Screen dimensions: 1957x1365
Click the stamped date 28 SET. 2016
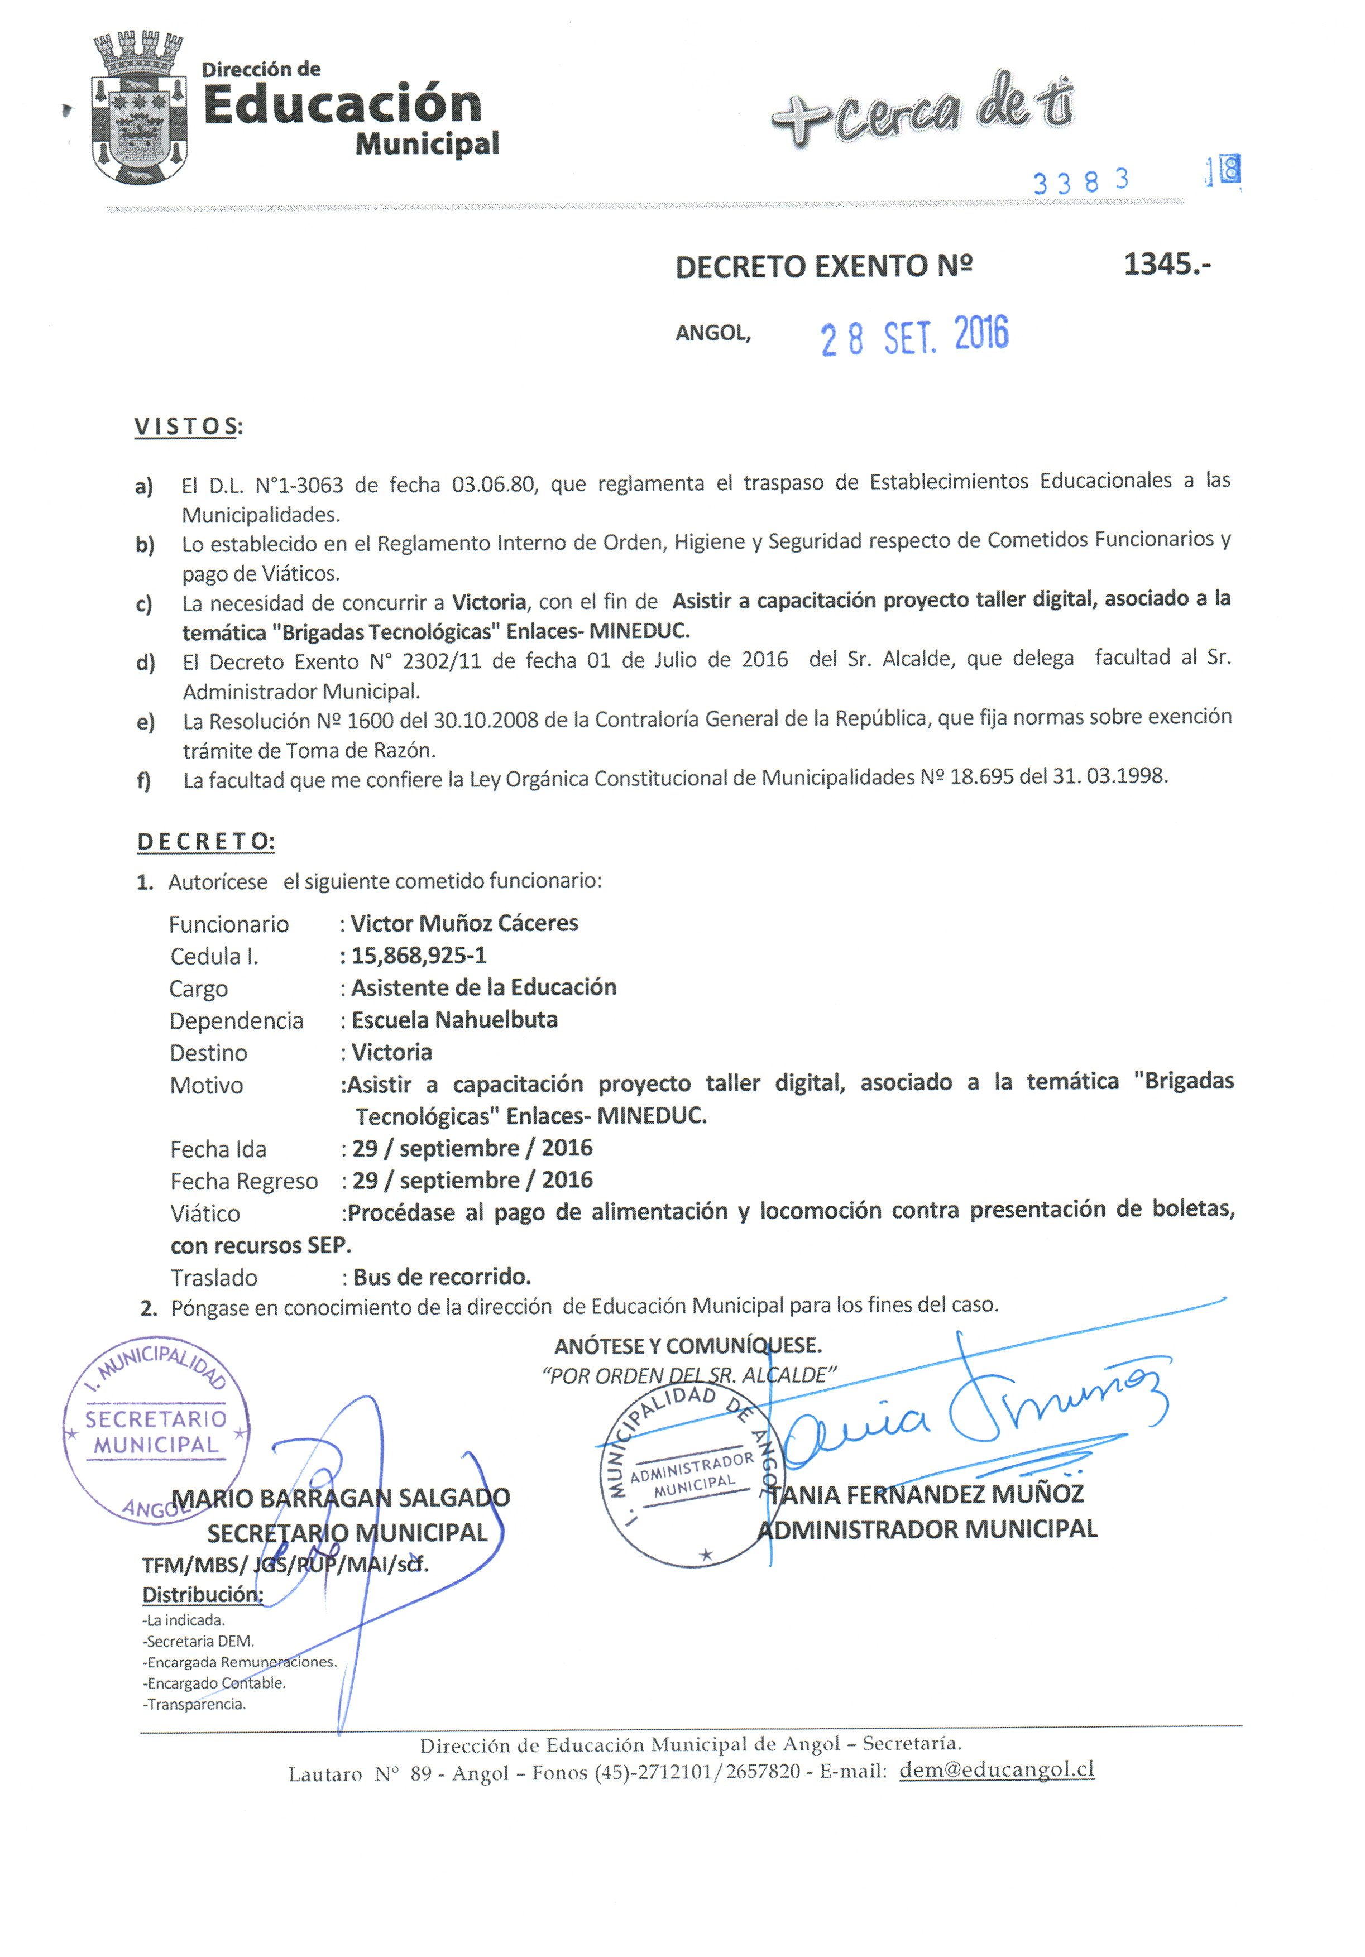tap(913, 335)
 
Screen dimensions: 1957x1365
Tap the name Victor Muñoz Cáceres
tap(464, 923)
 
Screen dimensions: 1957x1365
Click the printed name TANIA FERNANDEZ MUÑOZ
tap(926, 1494)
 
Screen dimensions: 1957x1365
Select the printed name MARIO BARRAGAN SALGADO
tap(341, 1498)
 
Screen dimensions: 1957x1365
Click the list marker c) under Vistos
tap(143, 605)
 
